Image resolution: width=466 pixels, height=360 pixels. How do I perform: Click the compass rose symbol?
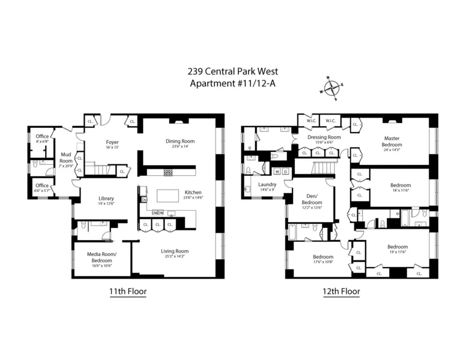(x=330, y=88)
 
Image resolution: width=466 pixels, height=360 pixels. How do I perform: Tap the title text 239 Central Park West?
(x=232, y=71)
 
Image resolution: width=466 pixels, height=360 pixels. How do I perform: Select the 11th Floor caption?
(x=127, y=292)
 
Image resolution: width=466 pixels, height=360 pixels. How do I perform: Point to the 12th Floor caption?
(x=340, y=292)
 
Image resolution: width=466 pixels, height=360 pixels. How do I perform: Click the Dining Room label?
(x=181, y=142)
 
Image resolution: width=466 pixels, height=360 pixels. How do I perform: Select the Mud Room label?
(x=66, y=158)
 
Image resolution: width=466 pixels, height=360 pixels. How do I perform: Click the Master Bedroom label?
(x=392, y=141)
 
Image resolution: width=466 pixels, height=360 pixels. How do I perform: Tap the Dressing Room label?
(x=324, y=137)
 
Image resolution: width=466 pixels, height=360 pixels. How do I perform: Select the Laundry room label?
(x=267, y=185)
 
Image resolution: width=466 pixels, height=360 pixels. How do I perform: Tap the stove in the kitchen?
(x=168, y=172)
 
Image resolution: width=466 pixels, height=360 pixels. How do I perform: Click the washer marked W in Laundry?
(x=277, y=172)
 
